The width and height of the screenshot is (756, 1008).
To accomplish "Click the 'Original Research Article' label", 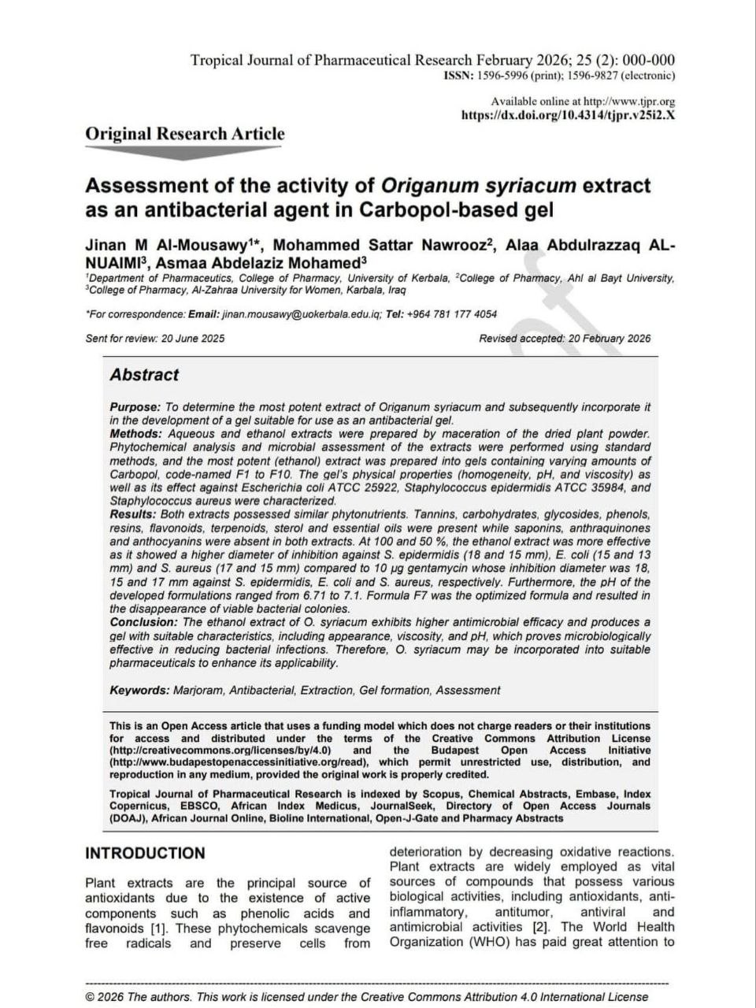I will click(x=185, y=134).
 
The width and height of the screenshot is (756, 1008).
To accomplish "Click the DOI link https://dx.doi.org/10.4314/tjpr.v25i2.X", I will click(x=567, y=115).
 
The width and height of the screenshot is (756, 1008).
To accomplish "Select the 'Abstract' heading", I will click(x=144, y=376).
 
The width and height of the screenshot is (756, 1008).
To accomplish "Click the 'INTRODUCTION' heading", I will click(x=145, y=854).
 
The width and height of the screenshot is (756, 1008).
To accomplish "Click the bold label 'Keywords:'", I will click(x=139, y=691).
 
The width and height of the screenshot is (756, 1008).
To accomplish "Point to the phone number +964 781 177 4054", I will click(x=452, y=314).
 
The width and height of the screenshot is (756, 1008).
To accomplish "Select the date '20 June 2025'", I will click(x=193, y=339).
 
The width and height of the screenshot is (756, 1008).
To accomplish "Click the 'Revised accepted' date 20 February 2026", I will click(x=609, y=339).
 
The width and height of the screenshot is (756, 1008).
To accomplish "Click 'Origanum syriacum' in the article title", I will click(x=480, y=187).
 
